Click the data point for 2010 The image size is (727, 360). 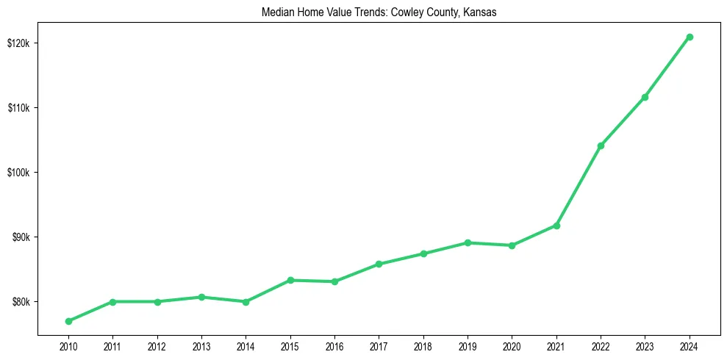[68, 321]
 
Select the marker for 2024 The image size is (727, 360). [690, 37]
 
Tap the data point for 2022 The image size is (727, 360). [601, 145]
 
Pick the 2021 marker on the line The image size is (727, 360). [556, 226]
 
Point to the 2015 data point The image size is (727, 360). [290, 280]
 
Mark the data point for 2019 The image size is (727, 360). [468, 242]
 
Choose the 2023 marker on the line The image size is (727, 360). [645, 97]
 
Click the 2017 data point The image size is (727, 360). [379, 264]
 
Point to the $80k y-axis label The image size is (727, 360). [22, 302]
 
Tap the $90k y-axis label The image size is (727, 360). [22, 237]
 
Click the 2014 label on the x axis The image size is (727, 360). [246, 345]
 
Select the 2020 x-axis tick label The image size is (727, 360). [512, 345]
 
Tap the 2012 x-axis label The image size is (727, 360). [157, 345]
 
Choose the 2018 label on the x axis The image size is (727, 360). [423, 345]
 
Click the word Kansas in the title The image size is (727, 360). [481, 12]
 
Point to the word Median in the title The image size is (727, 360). [276, 12]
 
